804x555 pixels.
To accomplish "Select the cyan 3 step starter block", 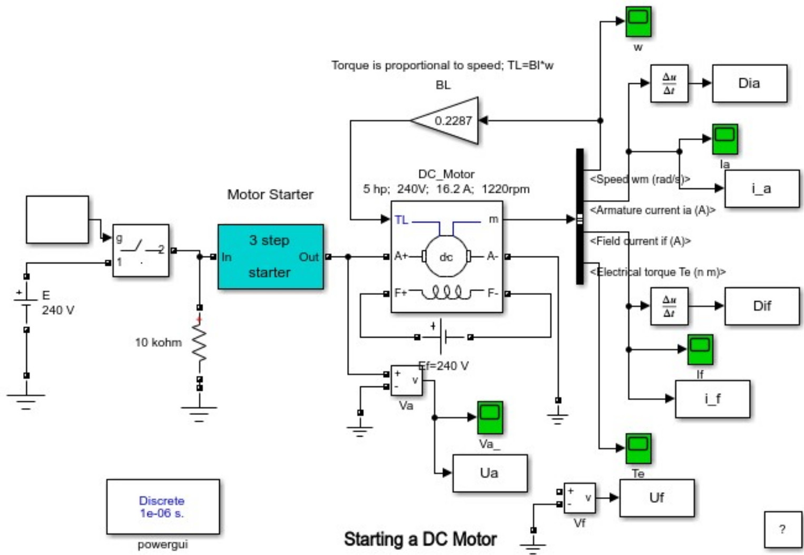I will [270, 256].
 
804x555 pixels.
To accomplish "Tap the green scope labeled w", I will [638, 21].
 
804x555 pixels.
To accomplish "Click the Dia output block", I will [749, 83].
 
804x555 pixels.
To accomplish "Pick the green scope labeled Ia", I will [724, 139].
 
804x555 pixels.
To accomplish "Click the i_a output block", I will [761, 189].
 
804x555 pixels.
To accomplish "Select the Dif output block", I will [761, 306].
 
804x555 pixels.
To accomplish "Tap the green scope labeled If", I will [700, 349].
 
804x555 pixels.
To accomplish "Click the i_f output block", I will [712, 399].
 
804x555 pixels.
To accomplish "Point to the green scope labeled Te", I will [638, 448].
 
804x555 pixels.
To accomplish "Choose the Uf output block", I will [656, 498].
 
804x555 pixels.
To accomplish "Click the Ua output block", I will [489, 473].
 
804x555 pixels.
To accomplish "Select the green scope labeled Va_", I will [489, 417].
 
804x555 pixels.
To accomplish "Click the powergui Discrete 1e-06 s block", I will [163, 507].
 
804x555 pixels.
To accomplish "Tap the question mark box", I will [782, 529].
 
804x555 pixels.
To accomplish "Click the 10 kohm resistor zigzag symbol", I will [199, 343].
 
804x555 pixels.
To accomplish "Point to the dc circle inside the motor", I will [446, 256].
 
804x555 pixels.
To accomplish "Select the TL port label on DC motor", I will [401, 220].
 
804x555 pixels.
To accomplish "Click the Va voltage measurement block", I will [406, 380].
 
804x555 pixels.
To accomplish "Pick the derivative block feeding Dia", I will [669, 83].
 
